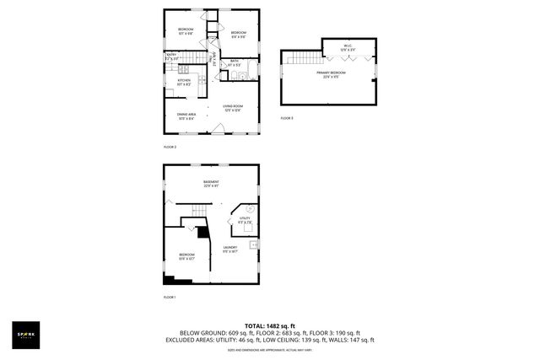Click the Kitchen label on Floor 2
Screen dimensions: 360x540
(x=184, y=81)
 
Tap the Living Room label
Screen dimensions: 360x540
(x=233, y=107)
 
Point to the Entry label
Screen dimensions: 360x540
(x=170, y=57)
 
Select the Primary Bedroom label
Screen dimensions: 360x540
(x=329, y=74)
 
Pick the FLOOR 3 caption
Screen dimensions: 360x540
(x=287, y=118)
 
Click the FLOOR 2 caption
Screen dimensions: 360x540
(x=170, y=147)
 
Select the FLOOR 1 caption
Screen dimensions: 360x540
(x=170, y=298)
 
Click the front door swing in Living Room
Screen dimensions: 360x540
(x=219, y=128)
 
